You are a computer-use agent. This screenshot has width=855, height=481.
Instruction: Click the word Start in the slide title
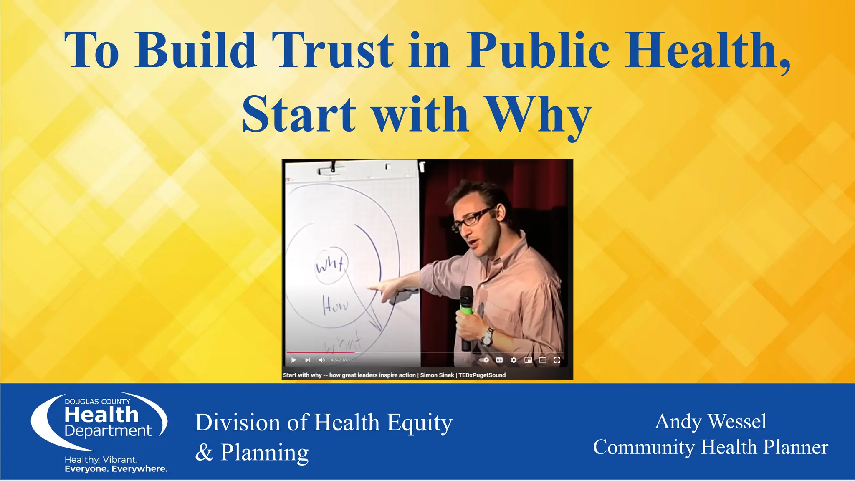(x=299, y=115)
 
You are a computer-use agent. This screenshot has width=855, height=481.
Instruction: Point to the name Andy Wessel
(x=711, y=421)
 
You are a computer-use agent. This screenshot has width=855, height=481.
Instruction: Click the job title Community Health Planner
(x=711, y=447)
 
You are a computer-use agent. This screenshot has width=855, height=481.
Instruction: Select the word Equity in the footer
(x=419, y=423)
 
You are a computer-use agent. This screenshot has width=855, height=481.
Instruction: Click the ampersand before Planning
(x=204, y=452)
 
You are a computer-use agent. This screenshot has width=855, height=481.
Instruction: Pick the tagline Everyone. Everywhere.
(x=116, y=469)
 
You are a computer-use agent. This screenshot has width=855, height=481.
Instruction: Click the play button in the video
(x=293, y=360)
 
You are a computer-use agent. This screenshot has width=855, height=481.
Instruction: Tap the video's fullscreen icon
(x=557, y=360)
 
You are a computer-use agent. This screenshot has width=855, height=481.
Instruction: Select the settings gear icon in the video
(x=514, y=360)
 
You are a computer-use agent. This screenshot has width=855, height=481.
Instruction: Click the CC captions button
(x=499, y=360)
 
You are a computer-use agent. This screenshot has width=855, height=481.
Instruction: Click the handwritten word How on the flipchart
(x=335, y=306)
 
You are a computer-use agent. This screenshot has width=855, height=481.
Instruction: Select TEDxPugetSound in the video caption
(x=482, y=375)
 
